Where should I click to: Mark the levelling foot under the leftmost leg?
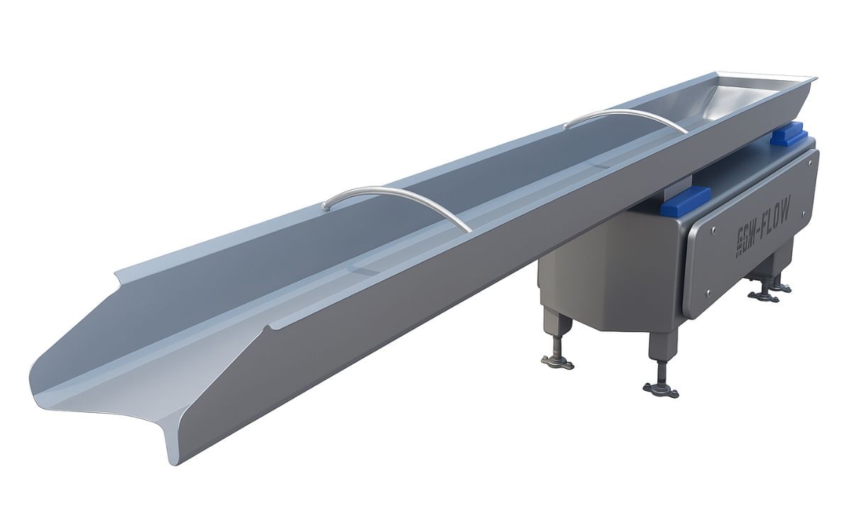[x=557, y=362]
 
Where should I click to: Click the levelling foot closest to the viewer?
[x=660, y=389]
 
